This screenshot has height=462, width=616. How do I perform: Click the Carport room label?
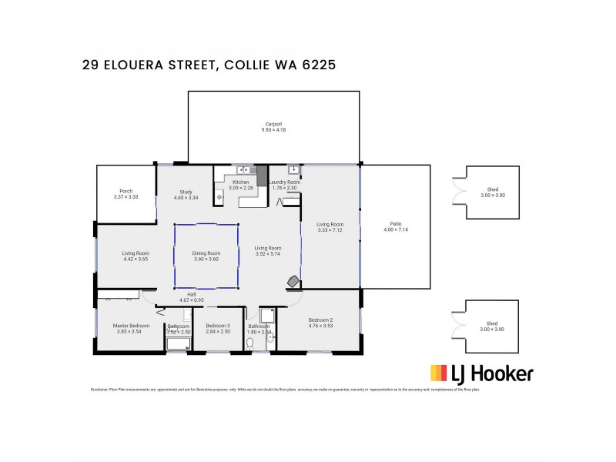point(273,124)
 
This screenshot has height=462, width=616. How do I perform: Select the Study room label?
point(186,192)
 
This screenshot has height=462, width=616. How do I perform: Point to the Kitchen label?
point(241,182)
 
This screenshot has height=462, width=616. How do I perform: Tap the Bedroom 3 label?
point(217,325)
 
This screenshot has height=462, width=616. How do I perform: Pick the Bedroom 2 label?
point(320,320)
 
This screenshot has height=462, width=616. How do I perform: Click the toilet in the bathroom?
point(249,345)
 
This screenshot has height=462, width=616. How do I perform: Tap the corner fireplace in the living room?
point(293,282)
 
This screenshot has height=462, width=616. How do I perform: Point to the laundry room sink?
point(293,169)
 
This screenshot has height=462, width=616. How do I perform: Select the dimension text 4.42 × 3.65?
point(136,259)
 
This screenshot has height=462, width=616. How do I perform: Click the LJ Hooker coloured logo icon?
point(439,374)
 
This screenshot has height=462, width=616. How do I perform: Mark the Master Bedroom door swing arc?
point(149,296)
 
